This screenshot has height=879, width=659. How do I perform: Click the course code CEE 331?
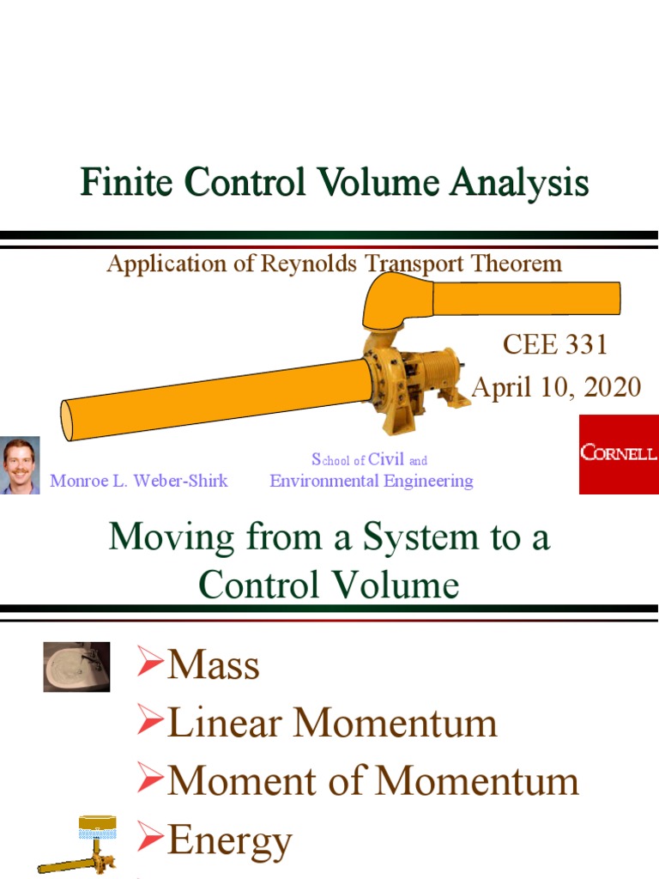(x=554, y=344)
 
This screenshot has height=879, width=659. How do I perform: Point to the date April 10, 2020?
(x=556, y=387)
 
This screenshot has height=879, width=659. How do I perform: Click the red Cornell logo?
(x=618, y=454)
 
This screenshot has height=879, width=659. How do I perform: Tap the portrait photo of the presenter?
(x=19, y=466)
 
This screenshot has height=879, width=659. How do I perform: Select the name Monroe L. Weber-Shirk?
(x=139, y=481)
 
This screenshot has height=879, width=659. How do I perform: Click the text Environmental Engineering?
(x=372, y=481)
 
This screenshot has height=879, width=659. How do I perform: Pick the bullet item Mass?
(x=213, y=665)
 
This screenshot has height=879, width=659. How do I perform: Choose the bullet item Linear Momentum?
(x=332, y=723)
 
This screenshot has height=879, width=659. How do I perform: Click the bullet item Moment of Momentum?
(x=372, y=781)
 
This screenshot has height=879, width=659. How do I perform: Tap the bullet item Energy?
(x=229, y=840)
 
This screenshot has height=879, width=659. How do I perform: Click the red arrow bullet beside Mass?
(x=151, y=664)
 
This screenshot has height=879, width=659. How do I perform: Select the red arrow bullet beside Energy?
(x=151, y=838)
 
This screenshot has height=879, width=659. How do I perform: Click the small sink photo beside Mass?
(x=76, y=667)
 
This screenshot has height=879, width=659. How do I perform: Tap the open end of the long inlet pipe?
(x=67, y=420)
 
